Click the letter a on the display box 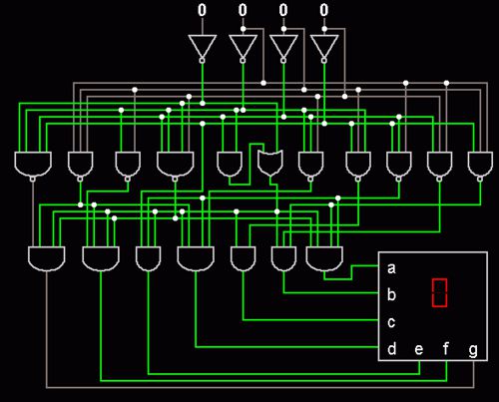pyautogui.click(x=391, y=268)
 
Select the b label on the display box pyautogui.click(x=391, y=294)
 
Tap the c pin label pyautogui.click(x=391, y=322)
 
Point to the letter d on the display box pyautogui.click(x=392, y=349)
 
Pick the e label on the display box pyautogui.click(x=419, y=350)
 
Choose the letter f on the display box pyautogui.click(x=446, y=349)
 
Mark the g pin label pyautogui.click(x=473, y=351)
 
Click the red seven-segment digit pyautogui.click(x=439, y=293)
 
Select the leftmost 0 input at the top pyautogui.click(x=202, y=10)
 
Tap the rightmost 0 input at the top pyautogui.click(x=324, y=10)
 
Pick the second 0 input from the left pyautogui.click(x=243, y=10)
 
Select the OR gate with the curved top pyautogui.click(x=270, y=163)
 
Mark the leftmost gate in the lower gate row pyautogui.click(x=47, y=258)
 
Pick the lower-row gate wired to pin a pyautogui.click(x=324, y=258)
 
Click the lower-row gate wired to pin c pyautogui.click(x=243, y=258)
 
